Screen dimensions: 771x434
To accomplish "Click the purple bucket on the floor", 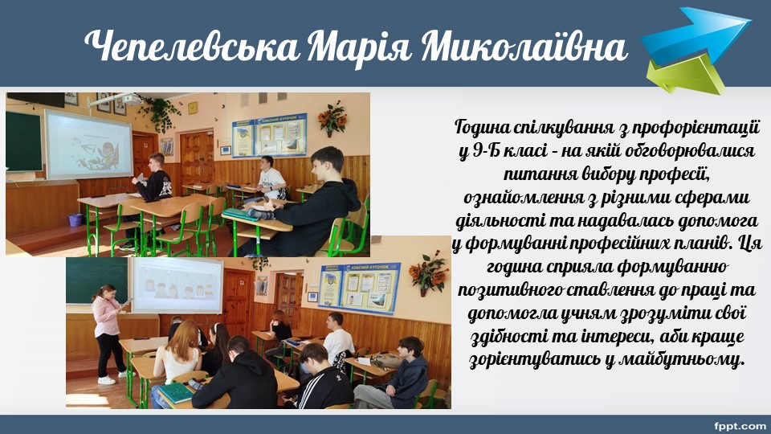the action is point(75,219).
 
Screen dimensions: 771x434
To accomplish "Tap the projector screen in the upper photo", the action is point(89,145).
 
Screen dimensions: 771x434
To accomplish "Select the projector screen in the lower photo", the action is point(177,285).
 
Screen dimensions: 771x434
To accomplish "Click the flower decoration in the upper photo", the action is point(332,119).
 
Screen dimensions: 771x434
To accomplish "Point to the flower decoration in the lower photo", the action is point(428,273).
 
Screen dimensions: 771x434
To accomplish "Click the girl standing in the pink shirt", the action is point(108,334).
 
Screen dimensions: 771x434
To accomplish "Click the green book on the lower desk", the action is point(176,393).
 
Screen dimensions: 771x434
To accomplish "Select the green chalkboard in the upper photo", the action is point(24,141).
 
